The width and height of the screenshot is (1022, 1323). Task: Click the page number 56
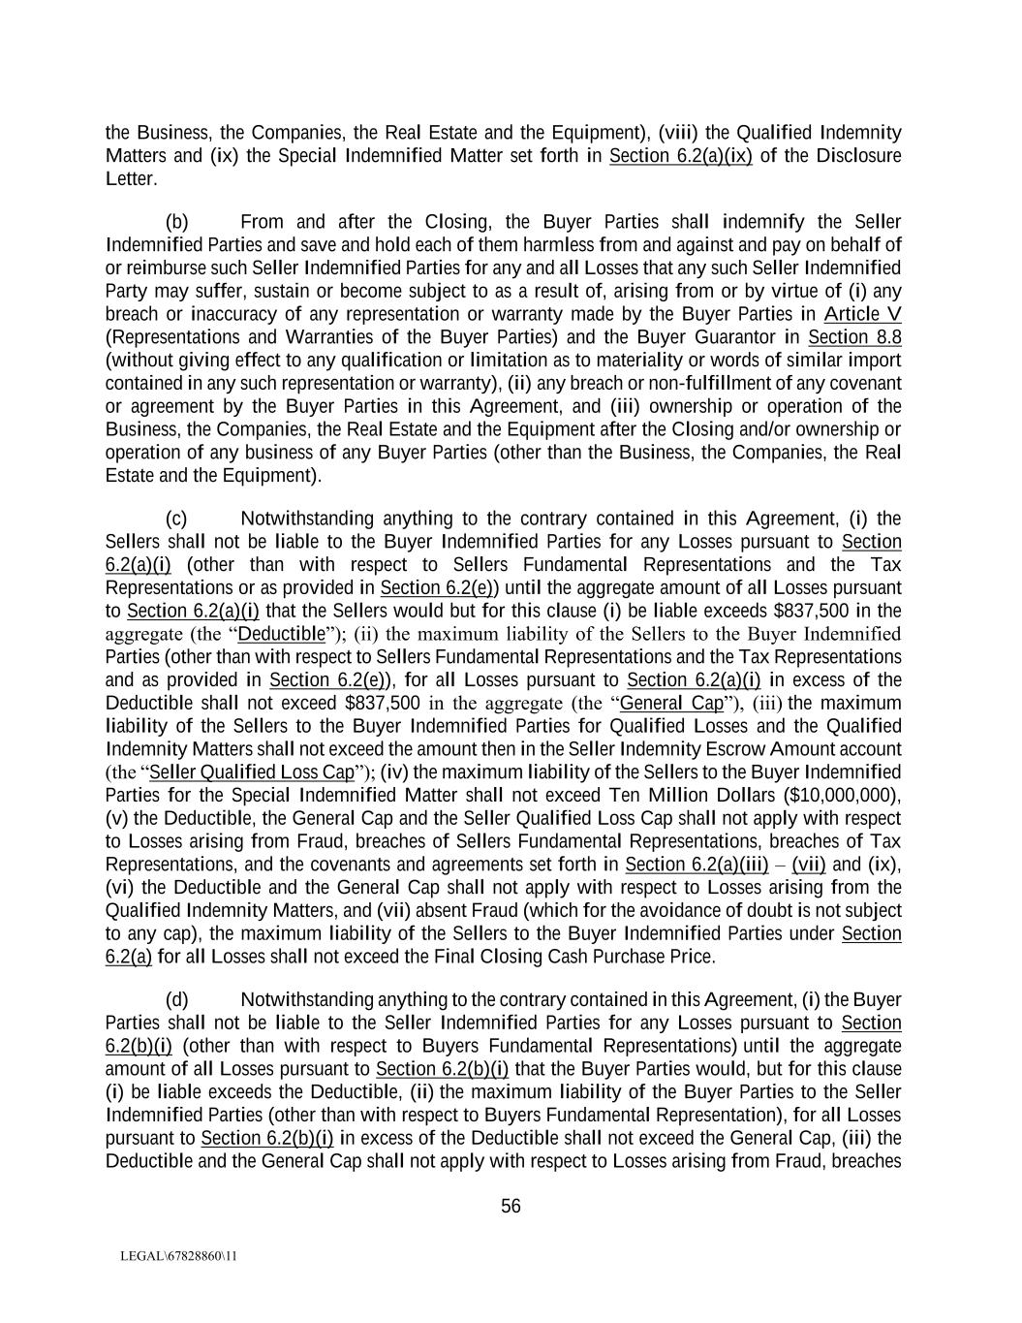pyautogui.click(x=511, y=1207)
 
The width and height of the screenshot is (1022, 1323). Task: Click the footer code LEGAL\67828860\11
pyautogui.click(x=178, y=1256)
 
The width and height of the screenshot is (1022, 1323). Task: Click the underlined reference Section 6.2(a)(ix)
pyautogui.click(x=680, y=156)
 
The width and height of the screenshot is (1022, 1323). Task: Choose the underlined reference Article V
pyautogui.click(x=862, y=314)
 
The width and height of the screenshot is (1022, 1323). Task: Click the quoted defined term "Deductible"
pyautogui.click(x=281, y=634)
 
